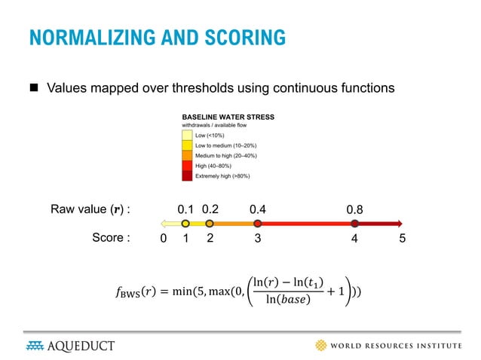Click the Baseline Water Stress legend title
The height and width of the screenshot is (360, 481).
pos(228,117)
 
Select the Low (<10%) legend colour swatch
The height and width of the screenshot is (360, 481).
pos(186,135)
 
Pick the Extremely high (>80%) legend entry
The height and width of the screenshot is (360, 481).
pos(222,175)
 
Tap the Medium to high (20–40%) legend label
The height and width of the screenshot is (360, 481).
pos(226,155)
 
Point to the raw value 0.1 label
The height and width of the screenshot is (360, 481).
pos(185,209)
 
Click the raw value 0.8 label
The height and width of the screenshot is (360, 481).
pos(355,209)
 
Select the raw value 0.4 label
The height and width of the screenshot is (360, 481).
pos(259,209)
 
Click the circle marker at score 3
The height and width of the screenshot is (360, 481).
pos(258,224)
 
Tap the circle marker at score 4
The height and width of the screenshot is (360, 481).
pos(355,224)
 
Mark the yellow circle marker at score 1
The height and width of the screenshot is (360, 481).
pos(185,224)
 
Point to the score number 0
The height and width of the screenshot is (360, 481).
pos(164,239)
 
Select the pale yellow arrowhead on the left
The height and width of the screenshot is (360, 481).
pos(162,224)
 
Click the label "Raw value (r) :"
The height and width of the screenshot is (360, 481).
pos(90,209)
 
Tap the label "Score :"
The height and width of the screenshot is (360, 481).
pos(111,239)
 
